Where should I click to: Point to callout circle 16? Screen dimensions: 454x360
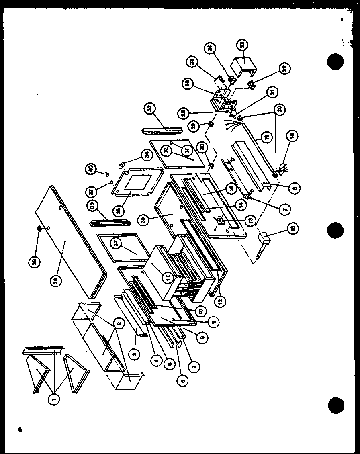pos(292,229)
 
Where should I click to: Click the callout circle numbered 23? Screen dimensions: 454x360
pos(254,45)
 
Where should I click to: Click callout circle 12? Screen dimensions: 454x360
pos(220,300)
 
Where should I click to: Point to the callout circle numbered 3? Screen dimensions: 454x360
pos(135,353)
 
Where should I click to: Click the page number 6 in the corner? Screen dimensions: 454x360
pos(18,429)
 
